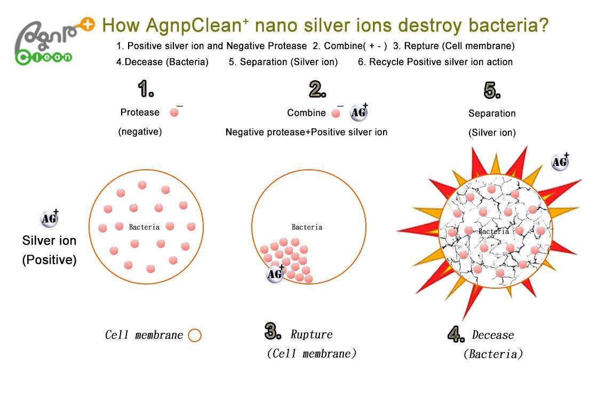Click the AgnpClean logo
[54, 42]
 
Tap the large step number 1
[146, 89]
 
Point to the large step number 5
[492, 90]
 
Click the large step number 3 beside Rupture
[273, 331]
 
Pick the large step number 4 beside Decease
[456, 334]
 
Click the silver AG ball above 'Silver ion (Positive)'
[50, 218]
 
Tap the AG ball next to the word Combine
[359, 112]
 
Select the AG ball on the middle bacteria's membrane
[275, 274]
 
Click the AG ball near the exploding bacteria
[560, 161]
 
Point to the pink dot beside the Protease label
[174, 112]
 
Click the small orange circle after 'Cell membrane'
[194, 335]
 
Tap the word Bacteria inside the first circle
[144, 227]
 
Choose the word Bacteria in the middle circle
[307, 227]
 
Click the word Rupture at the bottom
[312, 334]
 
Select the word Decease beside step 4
[493, 335]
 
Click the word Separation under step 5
[492, 114]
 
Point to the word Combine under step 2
[306, 113]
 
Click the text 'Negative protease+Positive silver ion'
[306, 132]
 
